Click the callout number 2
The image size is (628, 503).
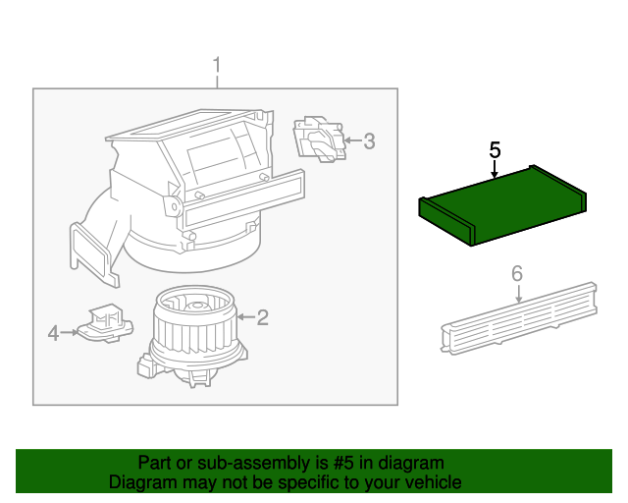click(x=262, y=317)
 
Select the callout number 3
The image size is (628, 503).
click(x=369, y=141)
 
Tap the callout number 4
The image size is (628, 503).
click(x=53, y=334)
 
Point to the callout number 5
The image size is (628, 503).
click(x=496, y=150)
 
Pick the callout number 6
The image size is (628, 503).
click(x=518, y=274)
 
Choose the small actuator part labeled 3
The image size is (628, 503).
click(x=319, y=139)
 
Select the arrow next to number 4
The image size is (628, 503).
click(x=71, y=334)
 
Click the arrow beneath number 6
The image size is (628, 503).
click(x=518, y=292)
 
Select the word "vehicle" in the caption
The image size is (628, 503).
click(x=435, y=482)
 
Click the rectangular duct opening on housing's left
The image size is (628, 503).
click(x=87, y=249)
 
